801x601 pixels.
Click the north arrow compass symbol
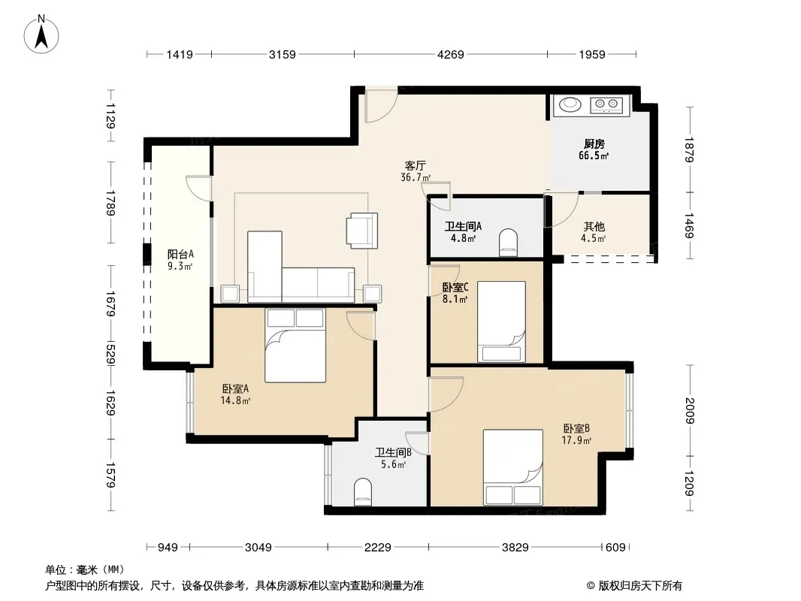click(41, 34)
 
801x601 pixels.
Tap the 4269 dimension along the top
click(451, 54)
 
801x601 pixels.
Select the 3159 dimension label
click(282, 54)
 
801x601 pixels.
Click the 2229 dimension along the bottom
click(377, 548)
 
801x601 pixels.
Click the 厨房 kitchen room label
click(594, 144)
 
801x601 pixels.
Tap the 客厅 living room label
click(416, 165)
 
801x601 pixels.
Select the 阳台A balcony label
click(181, 254)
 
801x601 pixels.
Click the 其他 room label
click(594, 226)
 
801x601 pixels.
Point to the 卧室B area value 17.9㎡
click(577, 440)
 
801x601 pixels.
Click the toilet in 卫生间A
click(508, 243)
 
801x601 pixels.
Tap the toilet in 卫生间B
click(363, 492)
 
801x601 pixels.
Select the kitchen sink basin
click(570, 104)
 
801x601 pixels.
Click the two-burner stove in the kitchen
click(607, 105)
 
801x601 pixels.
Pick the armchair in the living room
click(362, 231)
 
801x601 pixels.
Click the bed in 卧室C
click(502, 322)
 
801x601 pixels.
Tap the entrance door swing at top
click(381, 106)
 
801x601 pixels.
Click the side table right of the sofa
click(373, 294)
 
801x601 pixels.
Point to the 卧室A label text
click(235, 388)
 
